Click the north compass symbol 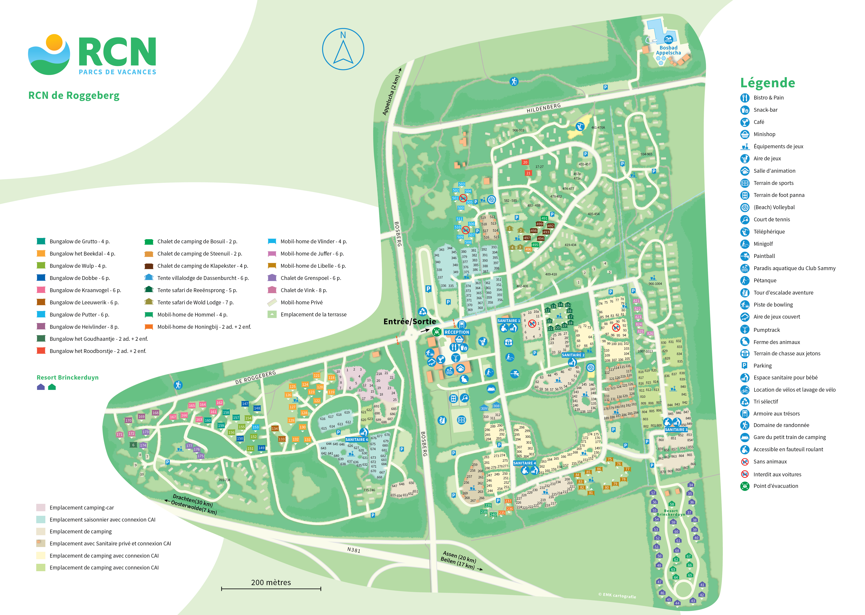[x=343, y=49]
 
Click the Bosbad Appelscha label [x=668, y=50]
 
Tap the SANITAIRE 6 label [x=356, y=440]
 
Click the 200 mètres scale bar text [x=271, y=582]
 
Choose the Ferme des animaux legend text [x=777, y=342]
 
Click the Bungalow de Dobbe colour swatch [x=41, y=278]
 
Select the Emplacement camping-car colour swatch [x=41, y=507]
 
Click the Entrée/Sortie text [x=410, y=322]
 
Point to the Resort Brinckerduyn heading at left [x=67, y=378]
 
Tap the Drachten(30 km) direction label [x=192, y=500]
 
